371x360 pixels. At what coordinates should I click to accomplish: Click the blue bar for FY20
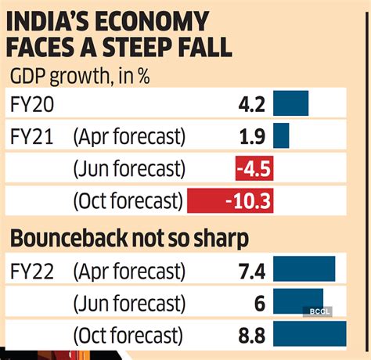click(x=291, y=104)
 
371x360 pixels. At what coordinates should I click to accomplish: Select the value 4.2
click(x=256, y=104)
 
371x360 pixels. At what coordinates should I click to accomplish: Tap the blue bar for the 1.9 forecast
click(x=282, y=136)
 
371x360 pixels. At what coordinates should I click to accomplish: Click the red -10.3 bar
click(x=230, y=201)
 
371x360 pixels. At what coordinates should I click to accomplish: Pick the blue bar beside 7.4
click(x=305, y=270)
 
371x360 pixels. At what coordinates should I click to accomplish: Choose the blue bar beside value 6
click(x=299, y=303)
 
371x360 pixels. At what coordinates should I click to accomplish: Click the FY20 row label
click(x=32, y=104)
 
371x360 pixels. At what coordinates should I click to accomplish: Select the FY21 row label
click(x=32, y=137)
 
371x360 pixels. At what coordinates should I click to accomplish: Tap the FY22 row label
click(x=32, y=271)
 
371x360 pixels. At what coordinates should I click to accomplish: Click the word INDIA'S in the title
click(x=53, y=21)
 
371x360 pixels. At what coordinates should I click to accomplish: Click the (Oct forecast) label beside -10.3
click(x=127, y=201)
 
